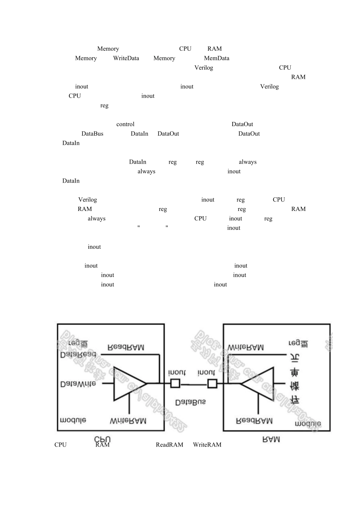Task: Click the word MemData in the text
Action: (x=216, y=58)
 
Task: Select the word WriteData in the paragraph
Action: (x=126, y=58)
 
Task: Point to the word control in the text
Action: (x=125, y=124)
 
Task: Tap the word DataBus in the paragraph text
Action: (x=92, y=134)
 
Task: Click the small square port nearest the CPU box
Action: (x=175, y=384)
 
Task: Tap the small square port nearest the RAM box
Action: (x=212, y=384)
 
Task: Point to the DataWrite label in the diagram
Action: (x=78, y=384)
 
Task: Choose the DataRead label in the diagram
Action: (x=78, y=355)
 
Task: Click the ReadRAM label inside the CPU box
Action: (x=126, y=347)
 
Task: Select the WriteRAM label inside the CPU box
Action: (x=128, y=421)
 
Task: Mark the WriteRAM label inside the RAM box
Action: (x=246, y=347)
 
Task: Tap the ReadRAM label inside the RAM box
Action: (x=254, y=421)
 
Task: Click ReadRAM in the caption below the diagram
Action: (x=169, y=445)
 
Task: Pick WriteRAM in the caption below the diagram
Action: (x=207, y=445)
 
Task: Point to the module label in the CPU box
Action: (x=73, y=420)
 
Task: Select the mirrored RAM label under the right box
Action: (x=271, y=439)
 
